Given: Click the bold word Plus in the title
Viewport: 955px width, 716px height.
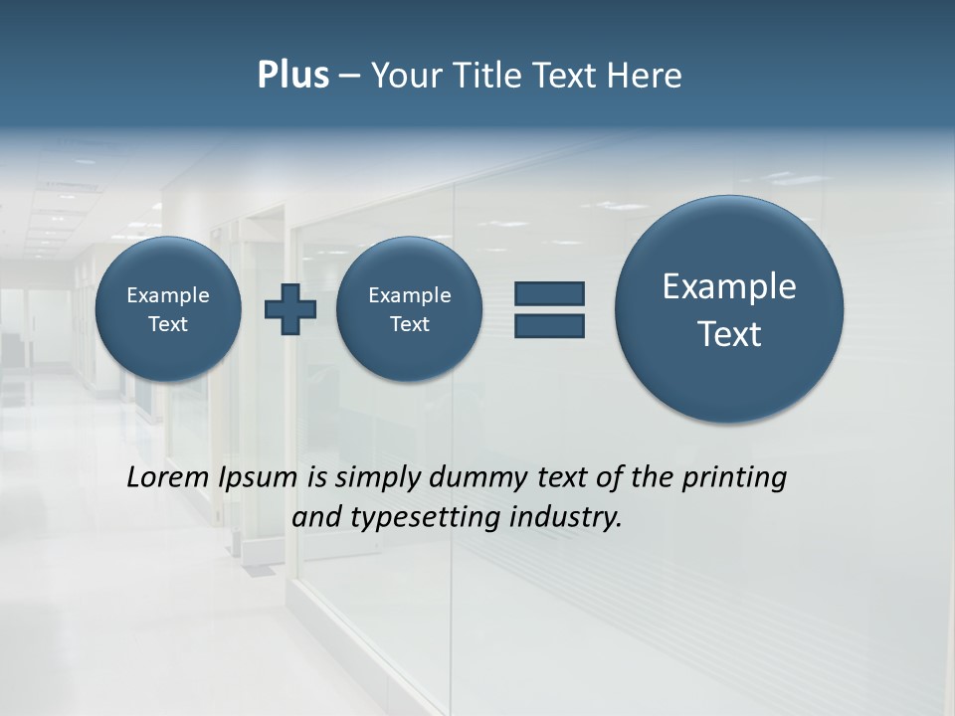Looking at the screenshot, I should [x=292, y=76].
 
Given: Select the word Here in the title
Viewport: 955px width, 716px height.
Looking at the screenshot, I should [x=644, y=76].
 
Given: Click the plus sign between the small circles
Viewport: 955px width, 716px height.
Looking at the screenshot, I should [x=290, y=309].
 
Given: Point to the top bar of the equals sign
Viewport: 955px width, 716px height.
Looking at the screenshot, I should [x=549, y=293].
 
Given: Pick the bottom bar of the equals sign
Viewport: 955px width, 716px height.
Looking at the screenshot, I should [x=549, y=326].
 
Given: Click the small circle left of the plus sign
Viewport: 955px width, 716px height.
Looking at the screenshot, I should [x=168, y=309].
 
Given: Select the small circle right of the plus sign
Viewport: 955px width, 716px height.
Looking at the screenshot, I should [x=409, y=309].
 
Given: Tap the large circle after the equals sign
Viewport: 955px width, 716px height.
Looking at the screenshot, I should [x=729, y=309].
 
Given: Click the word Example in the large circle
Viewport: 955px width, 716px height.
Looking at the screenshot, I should [x=729, y=286].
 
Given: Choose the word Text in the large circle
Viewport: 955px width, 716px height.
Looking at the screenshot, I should [x=729, y=334].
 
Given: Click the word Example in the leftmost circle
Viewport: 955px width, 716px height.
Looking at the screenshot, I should [x=168, y=295].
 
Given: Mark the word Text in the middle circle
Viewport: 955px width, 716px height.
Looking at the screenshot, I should [x=409, y=324].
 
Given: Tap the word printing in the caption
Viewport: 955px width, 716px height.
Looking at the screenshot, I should [x=735, y=477].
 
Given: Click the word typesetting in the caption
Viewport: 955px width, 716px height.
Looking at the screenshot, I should [x=425, y=517].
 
